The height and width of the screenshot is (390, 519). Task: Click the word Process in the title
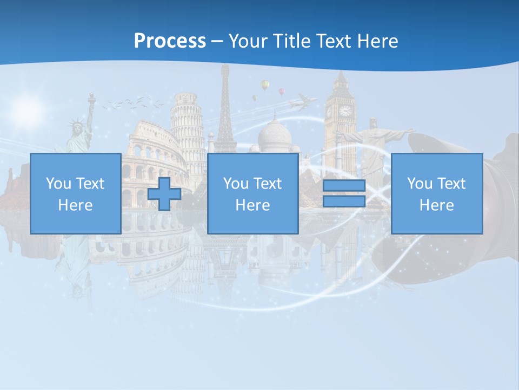point(170,41)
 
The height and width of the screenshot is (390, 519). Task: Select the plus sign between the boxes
point(164,194)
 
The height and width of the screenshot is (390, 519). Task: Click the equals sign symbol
point(344,194)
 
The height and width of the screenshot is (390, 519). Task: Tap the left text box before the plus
point(75,194)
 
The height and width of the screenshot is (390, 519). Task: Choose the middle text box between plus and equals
point(252,194)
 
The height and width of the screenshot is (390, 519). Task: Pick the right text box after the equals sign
point(436,194)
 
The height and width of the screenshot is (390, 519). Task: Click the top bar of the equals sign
point(344,186)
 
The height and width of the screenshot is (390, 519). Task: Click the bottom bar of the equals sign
point(344,201)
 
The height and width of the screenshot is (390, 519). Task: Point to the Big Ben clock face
point(344,111)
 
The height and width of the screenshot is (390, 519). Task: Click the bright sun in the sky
point(27,108)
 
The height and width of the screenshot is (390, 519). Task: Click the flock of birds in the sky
point(132,103)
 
